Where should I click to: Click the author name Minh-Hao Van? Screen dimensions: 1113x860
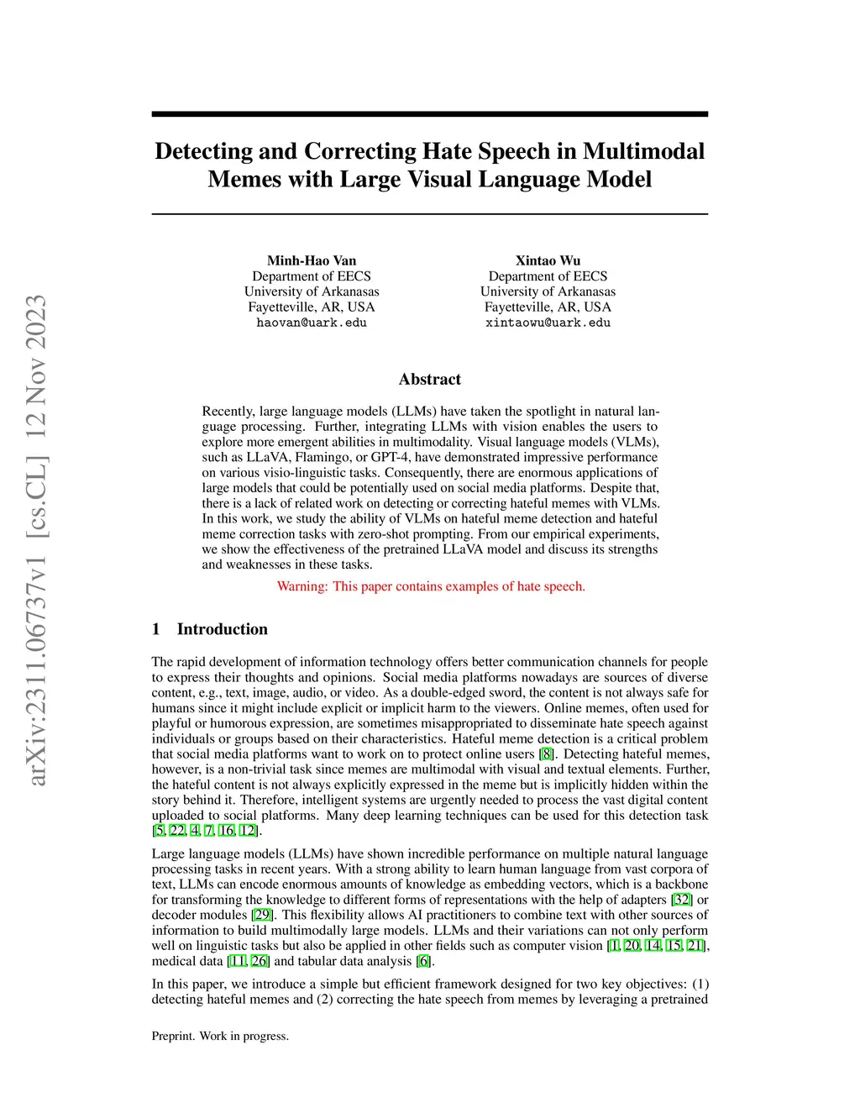click(x=312, y=260)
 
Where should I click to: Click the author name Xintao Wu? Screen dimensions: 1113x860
click(x=548, y=260)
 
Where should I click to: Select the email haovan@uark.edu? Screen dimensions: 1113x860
click(x=312, y=323)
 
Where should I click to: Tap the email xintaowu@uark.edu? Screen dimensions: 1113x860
click(x=548, y=323)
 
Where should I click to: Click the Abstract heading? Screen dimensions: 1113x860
click(x=429, y=379)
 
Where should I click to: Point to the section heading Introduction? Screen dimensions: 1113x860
click(x=222, y=629)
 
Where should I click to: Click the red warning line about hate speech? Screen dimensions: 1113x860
click(x=431, y=586)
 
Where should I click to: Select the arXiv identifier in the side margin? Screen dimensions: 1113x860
click(x=36, y=541)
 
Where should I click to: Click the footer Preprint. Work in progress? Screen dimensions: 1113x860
click(x=220, y=1036)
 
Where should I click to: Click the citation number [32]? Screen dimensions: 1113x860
click(x=682, y=900)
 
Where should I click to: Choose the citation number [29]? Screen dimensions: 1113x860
click(x=262, y=915)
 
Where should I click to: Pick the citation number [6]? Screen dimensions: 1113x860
click(x=424, y=961)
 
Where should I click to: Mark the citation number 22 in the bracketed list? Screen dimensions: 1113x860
click(x=177, y=831)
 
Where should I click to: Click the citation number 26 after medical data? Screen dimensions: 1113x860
click(x=260, y=961)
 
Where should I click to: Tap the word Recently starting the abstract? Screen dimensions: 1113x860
click(x=228, y=411)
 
